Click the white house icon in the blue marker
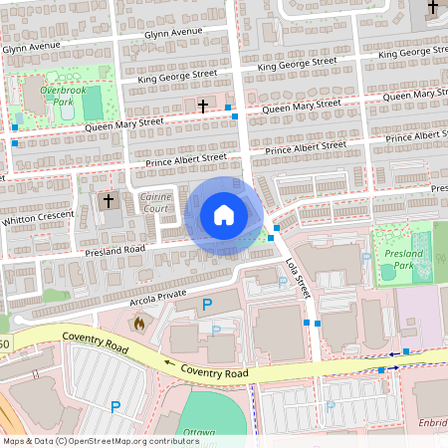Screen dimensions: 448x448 (223, 215)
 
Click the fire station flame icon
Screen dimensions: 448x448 (138, 323)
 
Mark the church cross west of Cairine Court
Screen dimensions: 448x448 (109, 200)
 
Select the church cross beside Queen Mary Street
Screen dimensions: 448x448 (203, 105)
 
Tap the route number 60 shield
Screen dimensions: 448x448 (4, 344)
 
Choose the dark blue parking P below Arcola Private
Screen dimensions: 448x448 (207, 304)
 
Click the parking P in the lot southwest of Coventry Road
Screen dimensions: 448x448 (114, 406)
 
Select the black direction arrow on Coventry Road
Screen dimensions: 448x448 (168, 363)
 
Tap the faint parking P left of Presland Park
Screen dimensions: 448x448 (365, 257)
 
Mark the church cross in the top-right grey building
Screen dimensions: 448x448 (432, 8)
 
